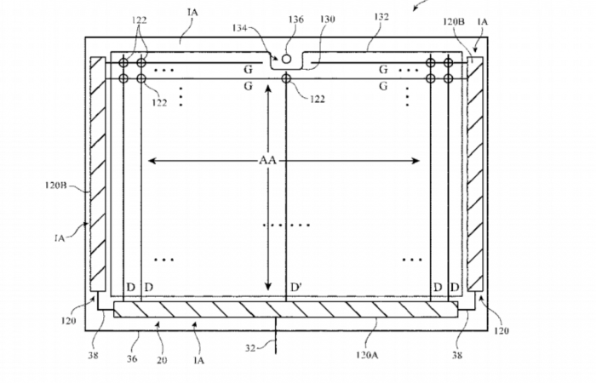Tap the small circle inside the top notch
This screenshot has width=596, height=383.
tap(287, 60)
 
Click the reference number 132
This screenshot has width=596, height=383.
tap(381, 17)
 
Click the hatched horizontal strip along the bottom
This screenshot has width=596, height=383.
tap(285, 309)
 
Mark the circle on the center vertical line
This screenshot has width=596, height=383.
tap(286, 79)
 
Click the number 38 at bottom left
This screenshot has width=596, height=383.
tap(93, 356)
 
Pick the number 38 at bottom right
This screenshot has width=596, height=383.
tap(457, 356)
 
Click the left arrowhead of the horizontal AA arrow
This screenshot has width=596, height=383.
tap(151, 160)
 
